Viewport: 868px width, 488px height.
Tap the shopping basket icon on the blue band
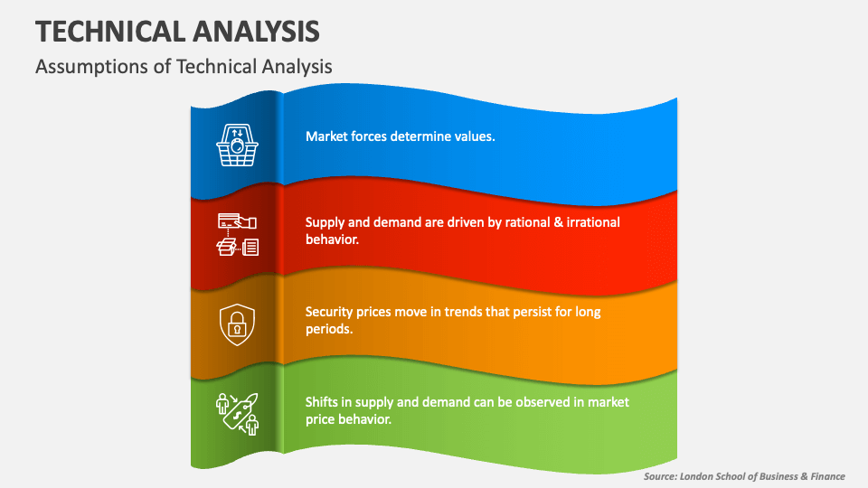point(237,144)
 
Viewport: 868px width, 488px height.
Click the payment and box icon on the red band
point(237,234)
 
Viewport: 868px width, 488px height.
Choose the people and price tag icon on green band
point(237,414)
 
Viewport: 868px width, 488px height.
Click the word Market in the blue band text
point(326,136)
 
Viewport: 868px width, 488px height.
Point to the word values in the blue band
point(475,136)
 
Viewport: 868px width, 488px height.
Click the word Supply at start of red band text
point(325,222)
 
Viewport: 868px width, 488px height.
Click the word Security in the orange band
point(329,312)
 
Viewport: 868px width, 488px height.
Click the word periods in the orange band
point(328,330)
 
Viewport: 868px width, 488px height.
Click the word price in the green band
point(321,419)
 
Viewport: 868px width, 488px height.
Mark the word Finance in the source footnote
point(824,476)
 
